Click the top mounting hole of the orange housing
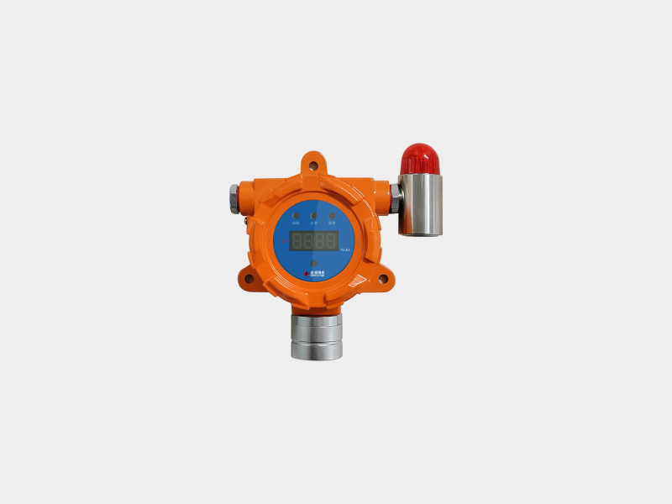[313, 165]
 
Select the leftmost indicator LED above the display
[296, 216]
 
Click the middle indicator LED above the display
[313, 216]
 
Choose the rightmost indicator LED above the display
[332, 216]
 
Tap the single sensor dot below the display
[313, 264]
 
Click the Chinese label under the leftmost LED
[296, 223]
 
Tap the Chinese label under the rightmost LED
[332, 223]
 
